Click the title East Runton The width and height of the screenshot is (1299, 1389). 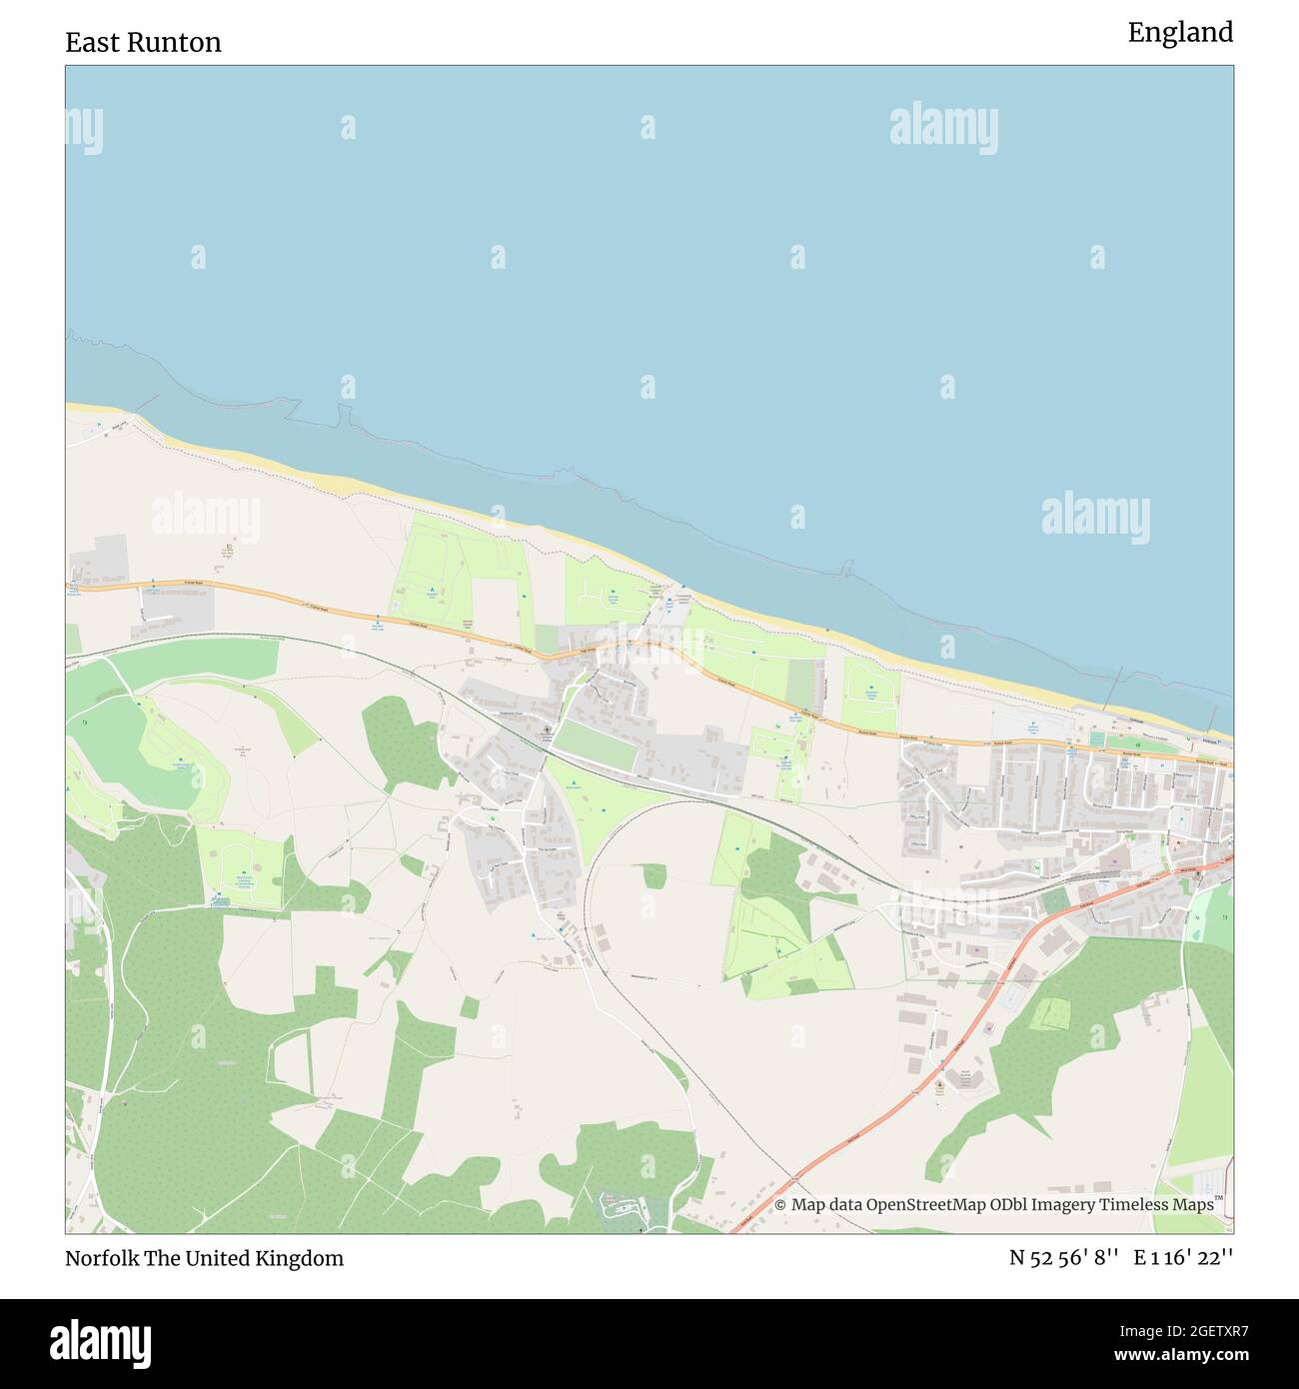(x=143, y=42)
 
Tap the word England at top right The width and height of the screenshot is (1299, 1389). (x=1180, y=33)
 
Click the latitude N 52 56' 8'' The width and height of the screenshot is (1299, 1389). (x=1062, y=1258)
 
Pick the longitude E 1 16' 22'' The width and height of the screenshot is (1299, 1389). (x=1183, y=1258)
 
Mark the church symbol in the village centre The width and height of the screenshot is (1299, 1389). (x=548, y=731)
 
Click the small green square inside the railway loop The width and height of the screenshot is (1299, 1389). (x=654, y=875)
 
